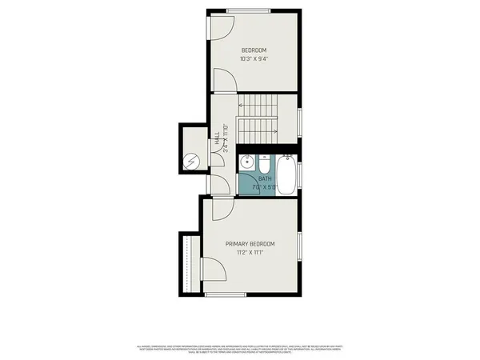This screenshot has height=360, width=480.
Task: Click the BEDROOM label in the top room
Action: (254, 50)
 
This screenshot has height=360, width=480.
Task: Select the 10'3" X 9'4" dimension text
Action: (254, 58)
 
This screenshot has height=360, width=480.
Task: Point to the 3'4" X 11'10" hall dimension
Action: (226, 137)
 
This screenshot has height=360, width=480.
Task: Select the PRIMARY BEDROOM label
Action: (250, 244)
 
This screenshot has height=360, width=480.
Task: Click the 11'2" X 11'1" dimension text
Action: (250, 253)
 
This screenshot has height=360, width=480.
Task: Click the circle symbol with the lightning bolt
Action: (193, 162)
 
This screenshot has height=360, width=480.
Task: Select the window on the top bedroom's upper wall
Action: (246, 10)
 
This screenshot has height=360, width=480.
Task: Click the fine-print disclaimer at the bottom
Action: (240, 349)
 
